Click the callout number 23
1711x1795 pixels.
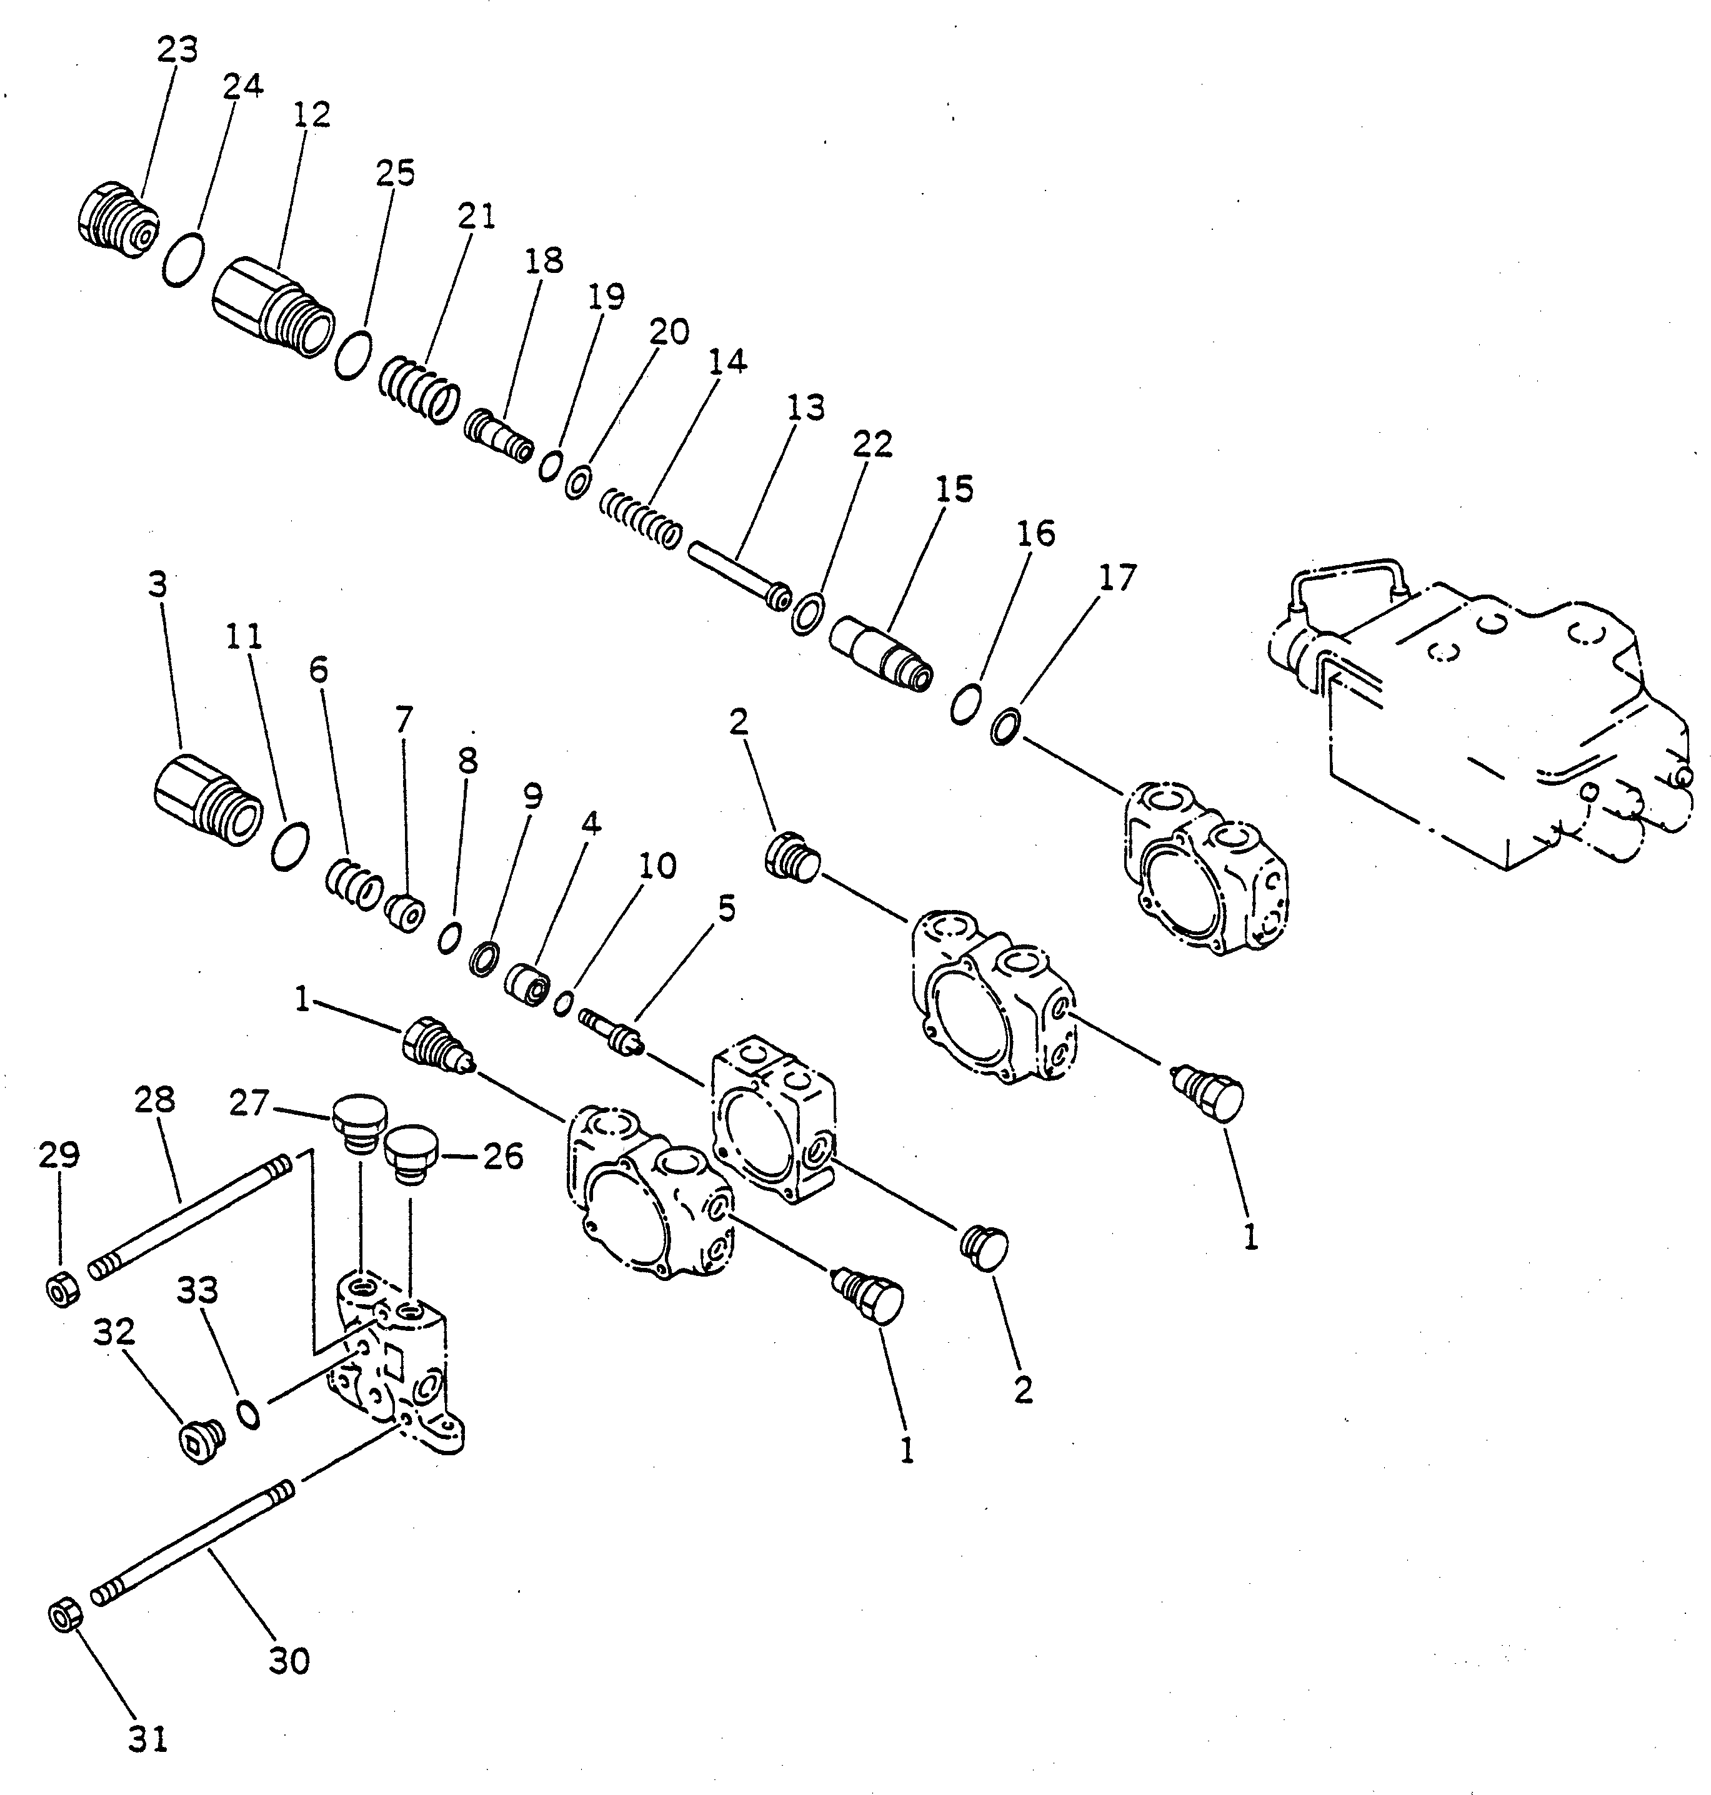coord(177,50)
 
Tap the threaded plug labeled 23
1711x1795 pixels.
coord(115,220)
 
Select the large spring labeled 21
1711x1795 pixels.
coord(417,389)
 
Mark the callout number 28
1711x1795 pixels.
coord(154,1100)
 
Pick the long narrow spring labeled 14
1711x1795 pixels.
coord(641,519)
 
